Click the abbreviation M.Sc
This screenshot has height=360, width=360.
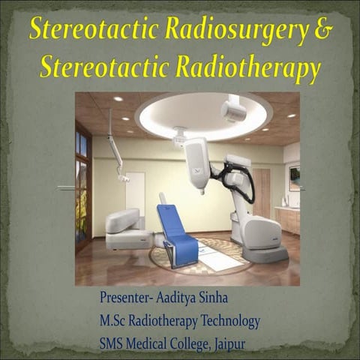(x=115, y=321)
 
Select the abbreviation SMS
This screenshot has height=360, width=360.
(x=113, y=344)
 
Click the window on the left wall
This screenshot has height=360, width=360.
(x=82, y=188)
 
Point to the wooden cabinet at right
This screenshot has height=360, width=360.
(x=287, y=220)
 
